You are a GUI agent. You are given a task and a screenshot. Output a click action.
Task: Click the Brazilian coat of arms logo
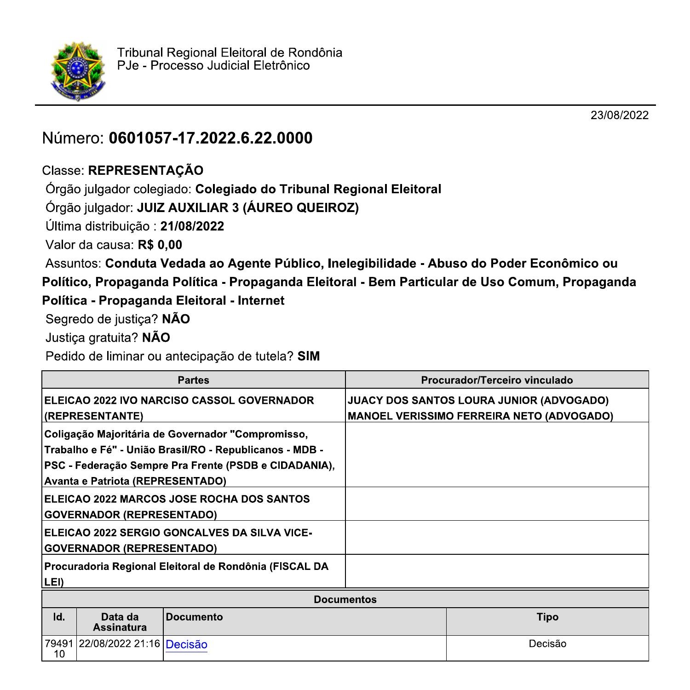click(x=77, y=71)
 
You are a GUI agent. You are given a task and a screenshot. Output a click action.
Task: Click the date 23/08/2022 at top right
click(x=619, y=115)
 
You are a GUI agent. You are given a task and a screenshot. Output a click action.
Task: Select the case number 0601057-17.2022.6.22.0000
click(x=210, y=138)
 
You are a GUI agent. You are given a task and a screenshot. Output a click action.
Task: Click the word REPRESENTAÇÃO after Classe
click(x=145, y=171)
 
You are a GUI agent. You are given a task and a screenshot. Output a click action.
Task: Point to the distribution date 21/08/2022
click(x=192, y=226)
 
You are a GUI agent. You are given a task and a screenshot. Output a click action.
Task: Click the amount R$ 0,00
click(x=160, y=245)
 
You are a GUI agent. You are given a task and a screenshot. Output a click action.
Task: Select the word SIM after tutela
click(x=308, y=356)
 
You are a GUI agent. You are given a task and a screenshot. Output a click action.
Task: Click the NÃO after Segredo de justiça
click(x=176, y=319)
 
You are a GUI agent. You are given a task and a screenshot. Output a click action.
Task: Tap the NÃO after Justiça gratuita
click(x=156, y=338)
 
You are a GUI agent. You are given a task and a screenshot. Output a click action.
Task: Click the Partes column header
click(x=193, y=380)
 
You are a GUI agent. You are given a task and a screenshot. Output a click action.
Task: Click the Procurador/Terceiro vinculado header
click(x=497, y=380)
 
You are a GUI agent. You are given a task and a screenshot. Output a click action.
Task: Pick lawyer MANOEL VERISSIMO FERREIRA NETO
click(x=480, y=416)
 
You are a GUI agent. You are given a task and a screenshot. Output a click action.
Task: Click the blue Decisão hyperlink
click(x=186, y=644)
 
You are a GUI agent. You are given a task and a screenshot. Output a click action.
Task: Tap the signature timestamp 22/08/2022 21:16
click(x=120, y=644)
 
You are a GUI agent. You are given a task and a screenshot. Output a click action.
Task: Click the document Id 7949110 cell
click(x=59, y=649)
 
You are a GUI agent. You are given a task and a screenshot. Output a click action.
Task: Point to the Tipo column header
click(x=547, y=617)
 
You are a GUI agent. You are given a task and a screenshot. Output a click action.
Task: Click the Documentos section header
click(x=345, y=599)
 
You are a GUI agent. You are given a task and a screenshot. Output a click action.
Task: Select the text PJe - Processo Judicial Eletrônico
click(x=213, y=66)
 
